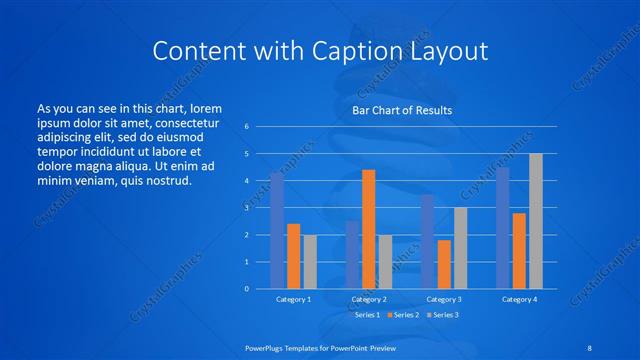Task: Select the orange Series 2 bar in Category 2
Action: (368, 229)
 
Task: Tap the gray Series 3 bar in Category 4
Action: (536, 221)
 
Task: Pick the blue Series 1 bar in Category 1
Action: (277, 230)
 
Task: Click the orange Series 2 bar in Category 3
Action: (444, 264)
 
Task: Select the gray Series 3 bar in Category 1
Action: (310, 261)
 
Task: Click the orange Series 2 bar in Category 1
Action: (293, 256)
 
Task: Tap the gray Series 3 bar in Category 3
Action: (460, 248)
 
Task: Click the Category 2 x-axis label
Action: (368, 299)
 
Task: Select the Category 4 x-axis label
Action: (519, 299)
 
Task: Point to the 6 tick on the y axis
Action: (247, 127)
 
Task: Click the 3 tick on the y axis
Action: (247, 208)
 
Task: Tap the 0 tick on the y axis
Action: (247, 289)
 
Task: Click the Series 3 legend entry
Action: (443, 315)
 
